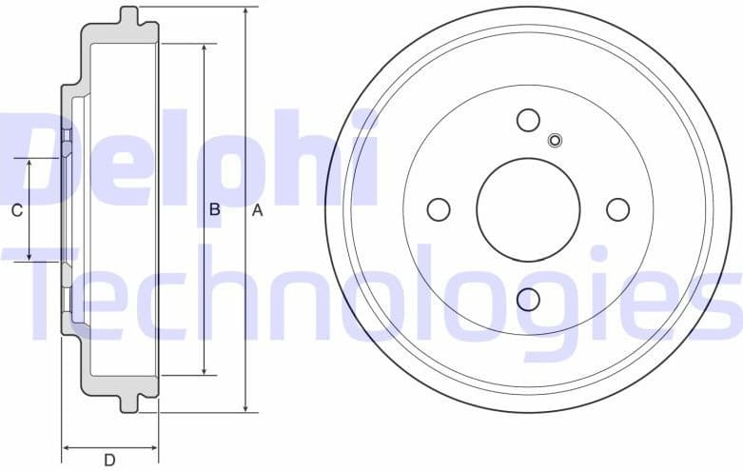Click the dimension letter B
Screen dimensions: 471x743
(215, 210)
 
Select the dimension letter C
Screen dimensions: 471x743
(16, 211)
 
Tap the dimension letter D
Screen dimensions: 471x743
(109, 461)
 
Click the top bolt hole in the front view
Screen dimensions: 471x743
(528, 120)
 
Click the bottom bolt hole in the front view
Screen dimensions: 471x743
(528, 300)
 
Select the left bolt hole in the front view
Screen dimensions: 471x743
(439, 209)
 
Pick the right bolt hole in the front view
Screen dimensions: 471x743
(617, 209)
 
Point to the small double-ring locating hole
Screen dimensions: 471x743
(556, 141)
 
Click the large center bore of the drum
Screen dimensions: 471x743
(528, 209)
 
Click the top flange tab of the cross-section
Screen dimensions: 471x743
(130, 16)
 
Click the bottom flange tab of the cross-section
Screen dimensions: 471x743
(130, 403)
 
